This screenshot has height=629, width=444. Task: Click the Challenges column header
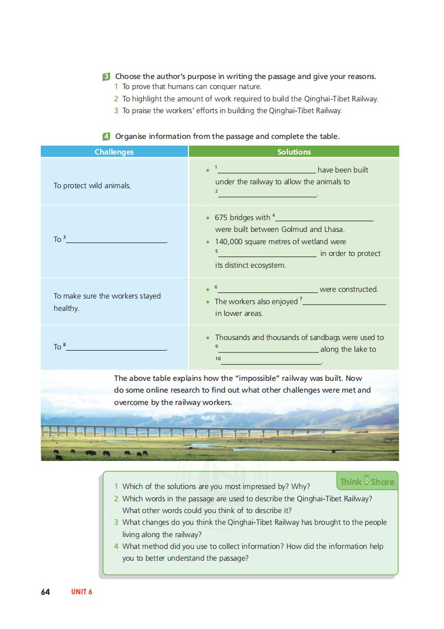point(114,152)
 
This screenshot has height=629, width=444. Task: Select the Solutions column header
point(294,152)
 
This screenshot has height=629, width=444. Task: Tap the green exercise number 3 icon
point(106,76)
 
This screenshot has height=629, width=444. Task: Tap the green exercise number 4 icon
point(106,136)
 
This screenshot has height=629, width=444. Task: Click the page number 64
point(45,592)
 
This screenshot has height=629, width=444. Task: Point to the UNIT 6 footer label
point(82,592)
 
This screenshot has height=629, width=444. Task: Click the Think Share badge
point(367,482)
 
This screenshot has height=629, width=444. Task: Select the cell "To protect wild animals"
point(92,186)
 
